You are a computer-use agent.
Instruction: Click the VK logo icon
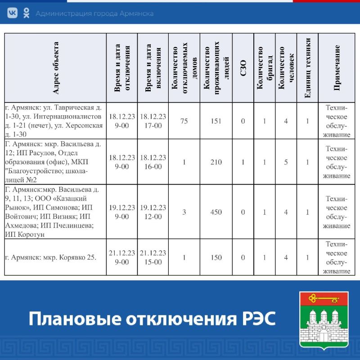point(12,13)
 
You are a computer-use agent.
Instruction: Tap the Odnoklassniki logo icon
point(26,13)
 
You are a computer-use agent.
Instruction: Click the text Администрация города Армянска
point(94,13)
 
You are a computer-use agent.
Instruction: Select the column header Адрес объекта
point(55,67)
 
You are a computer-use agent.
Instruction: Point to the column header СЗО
point(243,67)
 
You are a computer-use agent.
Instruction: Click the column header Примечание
point(337,67)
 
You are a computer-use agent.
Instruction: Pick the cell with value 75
point(184,121)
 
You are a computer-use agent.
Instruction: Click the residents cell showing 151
point(216,121)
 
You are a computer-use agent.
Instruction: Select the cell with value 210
point(216,162)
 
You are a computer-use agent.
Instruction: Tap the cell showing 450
point(216,212)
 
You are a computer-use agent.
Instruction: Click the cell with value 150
point(216,257)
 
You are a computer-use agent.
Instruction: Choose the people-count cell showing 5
point(286,162)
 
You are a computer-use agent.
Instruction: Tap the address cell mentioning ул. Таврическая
point(54,121)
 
